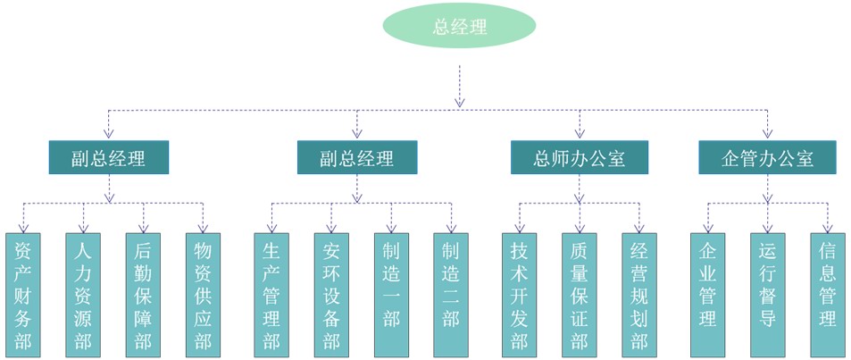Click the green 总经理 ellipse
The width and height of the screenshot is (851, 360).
click(x=459, y=27)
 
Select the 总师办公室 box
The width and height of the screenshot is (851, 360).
click(x=579, y=158)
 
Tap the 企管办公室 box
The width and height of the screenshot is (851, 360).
click(x=767, y=158)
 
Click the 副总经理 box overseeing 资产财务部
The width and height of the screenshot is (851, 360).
click(x=109, y=158)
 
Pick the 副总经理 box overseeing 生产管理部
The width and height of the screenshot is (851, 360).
click(x=357, y=158)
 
